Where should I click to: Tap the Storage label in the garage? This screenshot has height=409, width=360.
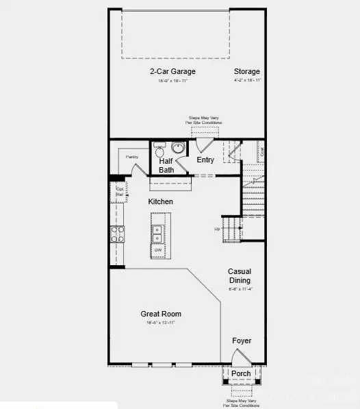246,71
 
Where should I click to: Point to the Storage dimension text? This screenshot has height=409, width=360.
246,80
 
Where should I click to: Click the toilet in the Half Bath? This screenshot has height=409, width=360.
160,150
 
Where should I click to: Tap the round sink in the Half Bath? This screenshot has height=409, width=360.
179,148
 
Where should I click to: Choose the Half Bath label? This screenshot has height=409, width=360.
166,165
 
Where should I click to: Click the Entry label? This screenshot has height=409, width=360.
205,160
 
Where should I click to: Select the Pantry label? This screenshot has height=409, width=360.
132,158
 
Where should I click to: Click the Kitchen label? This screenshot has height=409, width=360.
161,201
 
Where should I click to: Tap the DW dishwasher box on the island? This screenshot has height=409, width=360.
157,250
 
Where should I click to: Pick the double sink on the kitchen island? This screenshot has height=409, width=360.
157,234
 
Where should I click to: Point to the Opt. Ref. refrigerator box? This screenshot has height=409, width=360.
119,191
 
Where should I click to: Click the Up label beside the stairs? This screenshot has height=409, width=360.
218,229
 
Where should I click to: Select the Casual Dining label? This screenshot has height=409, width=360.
240,275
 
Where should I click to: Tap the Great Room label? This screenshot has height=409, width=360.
161,314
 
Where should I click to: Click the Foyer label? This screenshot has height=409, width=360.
241,340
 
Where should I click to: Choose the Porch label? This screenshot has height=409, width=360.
241,373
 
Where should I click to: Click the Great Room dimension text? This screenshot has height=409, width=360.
161,323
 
